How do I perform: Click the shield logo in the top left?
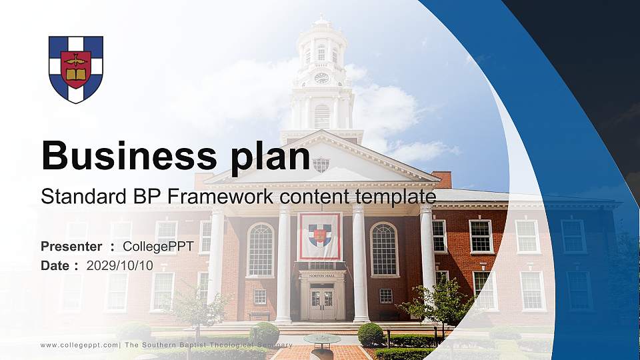click(76, 69)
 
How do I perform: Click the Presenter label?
click(71, 247)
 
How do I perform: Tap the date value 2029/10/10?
click(119, 265)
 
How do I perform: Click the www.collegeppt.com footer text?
click(79, 345)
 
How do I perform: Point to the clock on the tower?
click(321, 78)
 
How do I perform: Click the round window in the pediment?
click(321, 164)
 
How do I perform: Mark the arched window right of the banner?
click(383, 249)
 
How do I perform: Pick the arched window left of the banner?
click(260, 250)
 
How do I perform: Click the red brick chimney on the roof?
click(441, 179)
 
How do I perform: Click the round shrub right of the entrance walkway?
click(371, 333)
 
